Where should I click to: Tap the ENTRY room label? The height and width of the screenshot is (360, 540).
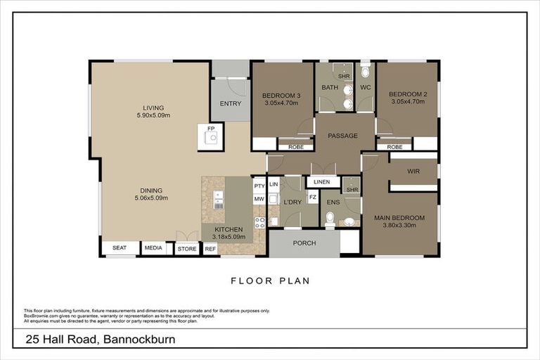230,103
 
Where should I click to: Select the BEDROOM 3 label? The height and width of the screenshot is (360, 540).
281,95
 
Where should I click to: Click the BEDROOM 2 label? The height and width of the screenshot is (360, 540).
408,94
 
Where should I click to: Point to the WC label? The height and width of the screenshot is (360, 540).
365,88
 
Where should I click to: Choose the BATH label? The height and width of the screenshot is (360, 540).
330,88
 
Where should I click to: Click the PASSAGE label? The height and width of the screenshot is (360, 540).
343,136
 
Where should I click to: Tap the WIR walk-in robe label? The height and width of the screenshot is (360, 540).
413,171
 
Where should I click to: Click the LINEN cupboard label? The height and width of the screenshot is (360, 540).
322,182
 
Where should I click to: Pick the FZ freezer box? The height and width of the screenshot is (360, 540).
312,198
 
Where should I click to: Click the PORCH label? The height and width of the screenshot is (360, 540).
304,243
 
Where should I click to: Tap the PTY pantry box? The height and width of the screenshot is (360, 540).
259,186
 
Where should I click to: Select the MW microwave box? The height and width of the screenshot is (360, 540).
259,199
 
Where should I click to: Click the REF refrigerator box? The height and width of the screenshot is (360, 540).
210,248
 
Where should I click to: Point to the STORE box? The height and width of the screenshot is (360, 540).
186,248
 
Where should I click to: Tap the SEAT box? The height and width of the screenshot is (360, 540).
120,248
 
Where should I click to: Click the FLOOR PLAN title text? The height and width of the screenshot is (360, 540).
270,281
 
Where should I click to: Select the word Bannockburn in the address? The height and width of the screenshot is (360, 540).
139,340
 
